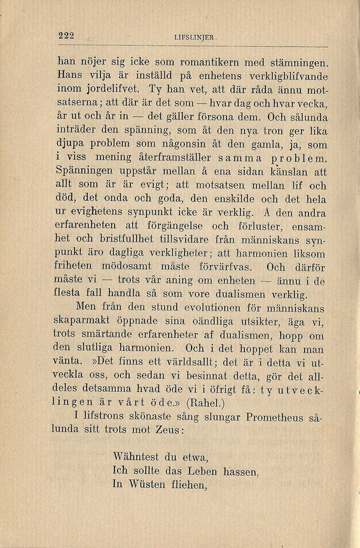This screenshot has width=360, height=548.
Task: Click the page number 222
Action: pyautogui.click(x=66, y=36)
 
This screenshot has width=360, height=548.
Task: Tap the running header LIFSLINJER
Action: pyautogui.click(x=193, y=38)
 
